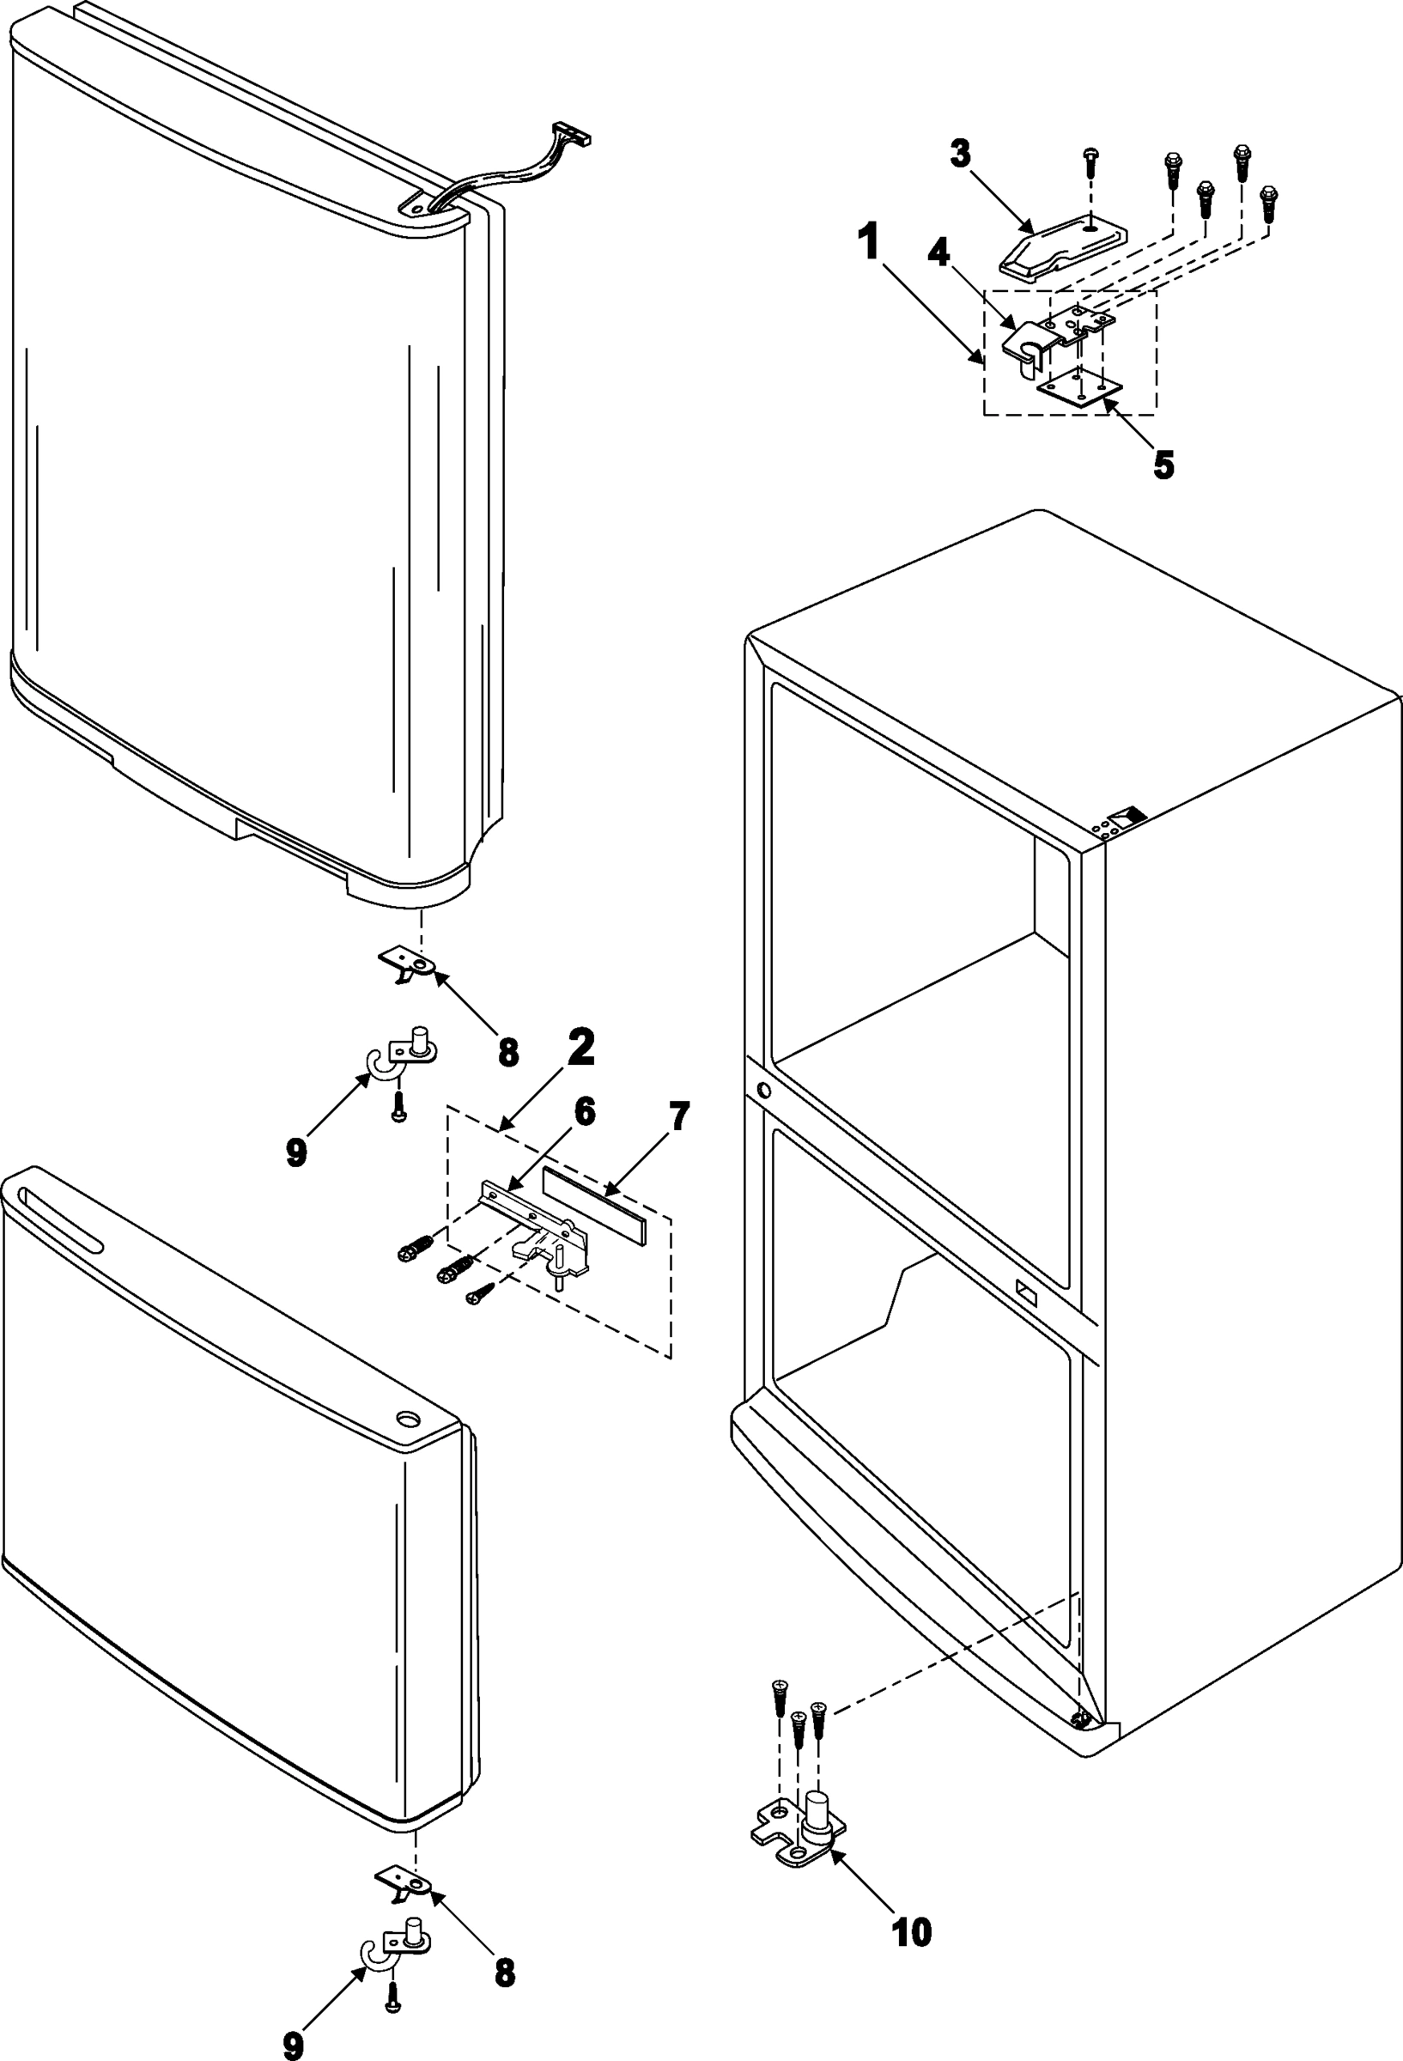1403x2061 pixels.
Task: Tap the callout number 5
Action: pyautogui.click(x=1163, y=464)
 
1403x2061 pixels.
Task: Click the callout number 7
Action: pyautogui.click(x=678, y=1117)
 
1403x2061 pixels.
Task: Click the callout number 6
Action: pyautogui.click(x=585, y=1112)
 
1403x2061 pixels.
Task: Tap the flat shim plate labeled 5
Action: pyautogui.click(x=1078, y=387)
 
